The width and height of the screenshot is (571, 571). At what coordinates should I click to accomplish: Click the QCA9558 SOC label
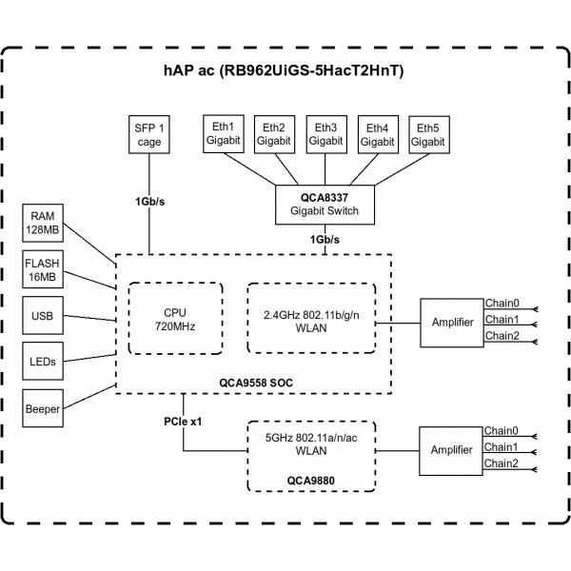coord(256,383)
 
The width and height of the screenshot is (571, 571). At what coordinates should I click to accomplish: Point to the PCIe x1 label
coord(183,422)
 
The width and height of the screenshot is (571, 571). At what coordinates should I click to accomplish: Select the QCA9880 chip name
coord(310,481)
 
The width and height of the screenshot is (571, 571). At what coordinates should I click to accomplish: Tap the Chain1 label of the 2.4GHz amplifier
coord(502,320)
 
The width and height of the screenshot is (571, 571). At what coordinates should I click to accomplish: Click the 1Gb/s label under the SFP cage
coord(149,202)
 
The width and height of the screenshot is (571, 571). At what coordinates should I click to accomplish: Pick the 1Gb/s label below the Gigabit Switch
coord(325,239)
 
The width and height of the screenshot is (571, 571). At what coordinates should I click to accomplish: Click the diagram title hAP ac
coord(189,70)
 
